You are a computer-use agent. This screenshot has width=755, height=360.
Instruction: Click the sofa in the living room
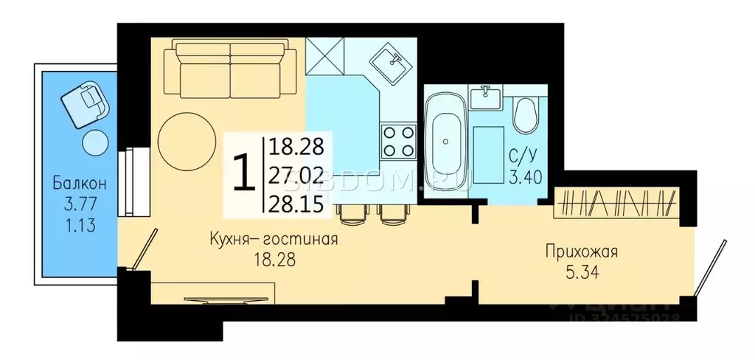[x=230, y=69]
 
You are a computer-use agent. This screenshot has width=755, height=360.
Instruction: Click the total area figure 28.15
[x=297, y=204]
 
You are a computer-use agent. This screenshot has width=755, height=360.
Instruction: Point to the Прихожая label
[x=581, y=252]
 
